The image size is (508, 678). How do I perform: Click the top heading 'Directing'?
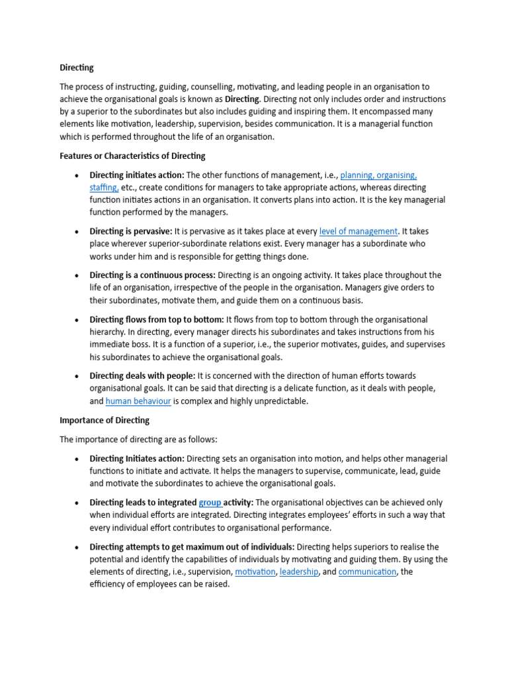(x=77, y=68)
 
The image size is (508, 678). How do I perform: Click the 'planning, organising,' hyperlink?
(x=378, y=175)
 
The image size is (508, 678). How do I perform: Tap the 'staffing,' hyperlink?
(x=104, y=188)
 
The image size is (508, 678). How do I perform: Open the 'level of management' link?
(x=359, y=232)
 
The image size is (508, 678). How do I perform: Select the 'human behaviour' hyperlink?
(x=138, y=401)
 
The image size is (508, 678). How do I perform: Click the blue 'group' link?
(x=210, y=503)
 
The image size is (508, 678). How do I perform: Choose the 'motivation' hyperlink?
(x=255, y=571)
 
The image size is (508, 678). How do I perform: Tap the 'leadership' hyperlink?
(x=298, y=571)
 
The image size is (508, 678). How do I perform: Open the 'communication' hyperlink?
(x=367, y=571)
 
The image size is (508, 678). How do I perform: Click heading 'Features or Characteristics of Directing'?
(x=132, y=156)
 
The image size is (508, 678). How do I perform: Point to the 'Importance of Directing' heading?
(x=105, y=420)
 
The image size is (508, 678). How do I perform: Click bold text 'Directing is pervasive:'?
(x=130, y=232)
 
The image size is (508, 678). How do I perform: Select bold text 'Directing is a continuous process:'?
(x=152, y=275)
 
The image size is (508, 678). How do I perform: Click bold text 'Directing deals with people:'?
(x=142, y=376)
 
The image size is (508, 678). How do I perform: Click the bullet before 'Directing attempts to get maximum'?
(x=77, y=548)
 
